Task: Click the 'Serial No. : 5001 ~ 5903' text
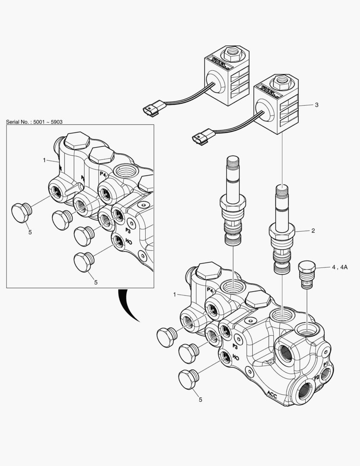click(x=37, y=122)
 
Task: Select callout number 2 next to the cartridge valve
click(x=313, y=231)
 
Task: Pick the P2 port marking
click(x=317, y=377)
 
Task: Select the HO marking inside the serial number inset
click(x=128, y=242)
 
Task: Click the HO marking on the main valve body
click(x=235, y=357)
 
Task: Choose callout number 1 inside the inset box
click(x=44, y=160)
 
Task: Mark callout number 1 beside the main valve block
click(x=175, y=294)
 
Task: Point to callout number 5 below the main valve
click(x=200, y=400)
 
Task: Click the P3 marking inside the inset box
click(x=128, y=230)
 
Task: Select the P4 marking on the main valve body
click(x=210, y=290)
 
